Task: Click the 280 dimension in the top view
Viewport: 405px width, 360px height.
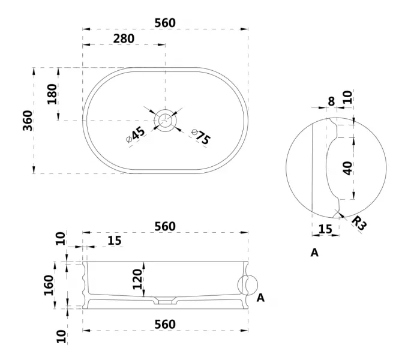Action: [x=124, y=38]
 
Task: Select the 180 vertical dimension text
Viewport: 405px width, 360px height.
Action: [x=52, y=94]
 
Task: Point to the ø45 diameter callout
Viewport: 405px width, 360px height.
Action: [x=136, y=134]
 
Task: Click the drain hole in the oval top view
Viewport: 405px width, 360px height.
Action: [x=165, y=120]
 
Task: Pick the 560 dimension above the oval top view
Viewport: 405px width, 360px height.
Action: [x=165, y=23]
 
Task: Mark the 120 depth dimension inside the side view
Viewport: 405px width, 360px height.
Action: [x=137, y=279]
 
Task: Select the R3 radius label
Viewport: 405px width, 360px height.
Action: [x=358, y=224]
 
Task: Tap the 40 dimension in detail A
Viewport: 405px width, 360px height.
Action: [x=347, y=167]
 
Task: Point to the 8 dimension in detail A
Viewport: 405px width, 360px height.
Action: [x=331, y=101]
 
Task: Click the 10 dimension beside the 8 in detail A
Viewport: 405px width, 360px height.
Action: [x=347, y=97]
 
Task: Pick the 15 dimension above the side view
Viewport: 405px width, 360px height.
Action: [x=114, y=241]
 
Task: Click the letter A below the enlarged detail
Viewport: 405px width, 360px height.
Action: [x=314, y=253]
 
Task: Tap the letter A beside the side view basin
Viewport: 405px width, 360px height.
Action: [x=260, y=297]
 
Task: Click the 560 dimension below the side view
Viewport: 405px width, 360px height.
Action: [x=165, y=325]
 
